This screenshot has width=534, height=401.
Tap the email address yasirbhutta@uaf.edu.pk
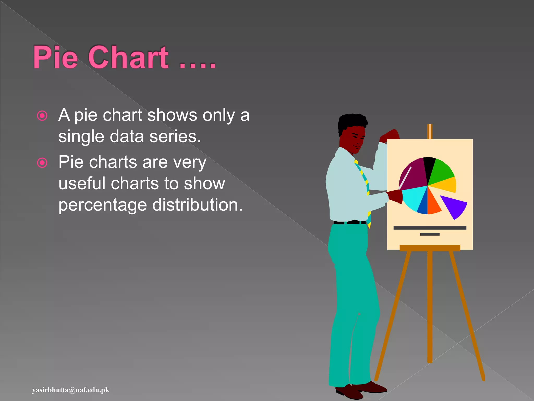tap(71, 390)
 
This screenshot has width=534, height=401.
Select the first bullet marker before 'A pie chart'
tap(42, 116)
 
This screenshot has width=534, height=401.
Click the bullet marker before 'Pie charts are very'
tap(42, 163)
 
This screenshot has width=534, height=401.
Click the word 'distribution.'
tap(197, 205)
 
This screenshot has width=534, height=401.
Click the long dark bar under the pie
tap(430, 228)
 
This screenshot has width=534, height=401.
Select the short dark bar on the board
tap(430, 234)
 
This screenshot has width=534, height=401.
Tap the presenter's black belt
tap(349, 222)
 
